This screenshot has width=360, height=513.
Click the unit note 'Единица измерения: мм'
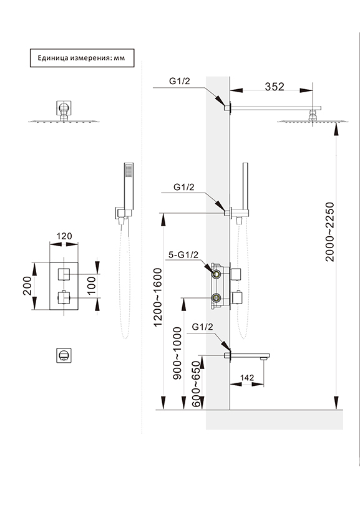82,58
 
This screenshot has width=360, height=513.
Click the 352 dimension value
275,87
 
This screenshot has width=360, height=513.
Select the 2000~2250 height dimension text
330,232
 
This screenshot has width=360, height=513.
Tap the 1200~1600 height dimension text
158,297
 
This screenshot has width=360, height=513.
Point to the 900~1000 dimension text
177,353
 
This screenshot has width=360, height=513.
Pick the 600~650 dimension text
196,384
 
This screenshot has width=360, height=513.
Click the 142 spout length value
247,378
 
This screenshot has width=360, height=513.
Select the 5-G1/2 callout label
183,255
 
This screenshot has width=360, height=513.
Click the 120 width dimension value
64,236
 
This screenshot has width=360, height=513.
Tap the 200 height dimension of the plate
27,285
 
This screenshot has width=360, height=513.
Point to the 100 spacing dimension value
92,285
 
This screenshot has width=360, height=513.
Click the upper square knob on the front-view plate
64,274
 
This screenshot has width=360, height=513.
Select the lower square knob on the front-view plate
64,298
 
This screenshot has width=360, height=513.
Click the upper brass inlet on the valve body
216,274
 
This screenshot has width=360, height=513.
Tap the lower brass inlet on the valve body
216,298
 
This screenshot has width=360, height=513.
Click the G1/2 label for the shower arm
180,81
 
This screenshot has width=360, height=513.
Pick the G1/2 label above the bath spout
202,327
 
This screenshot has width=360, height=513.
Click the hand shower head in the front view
129,186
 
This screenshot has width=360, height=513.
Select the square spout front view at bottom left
64,355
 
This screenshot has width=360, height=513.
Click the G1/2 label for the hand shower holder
184,187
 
